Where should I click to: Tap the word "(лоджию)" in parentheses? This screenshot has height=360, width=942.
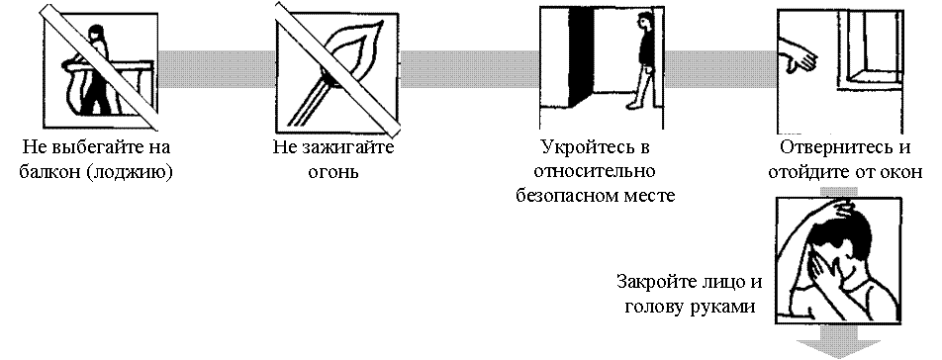pyautogui.click(x=130, y=173)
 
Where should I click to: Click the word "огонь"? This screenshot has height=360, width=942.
pyautogui.click(x=333, y=173)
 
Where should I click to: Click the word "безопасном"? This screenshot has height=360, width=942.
pyautogui.click(x=568, y=196)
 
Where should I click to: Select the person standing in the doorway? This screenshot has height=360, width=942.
pyautogui.click(x=642, y=61)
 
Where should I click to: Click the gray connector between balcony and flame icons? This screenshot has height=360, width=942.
pyautogui.click(x=217, y=69)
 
